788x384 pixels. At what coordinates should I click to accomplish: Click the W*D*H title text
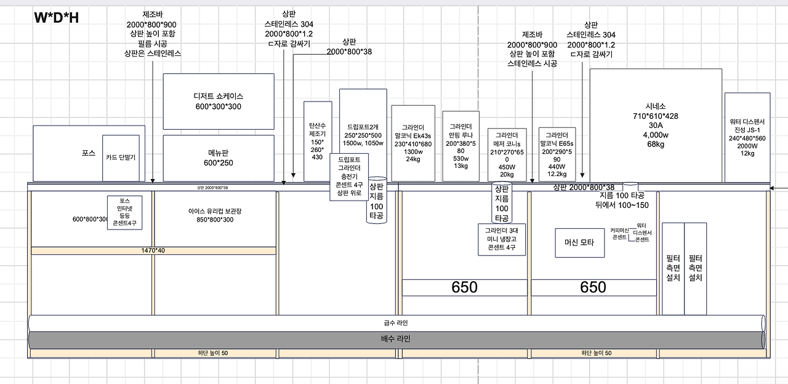[x=56, y=18]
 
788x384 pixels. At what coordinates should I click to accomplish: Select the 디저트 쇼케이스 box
[x=218, y=102]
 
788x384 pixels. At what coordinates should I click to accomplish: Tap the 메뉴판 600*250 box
[x=218, y=158]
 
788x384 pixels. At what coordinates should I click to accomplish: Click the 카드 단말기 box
[x=121, y=158]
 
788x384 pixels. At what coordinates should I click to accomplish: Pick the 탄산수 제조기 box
[x=318, y=142]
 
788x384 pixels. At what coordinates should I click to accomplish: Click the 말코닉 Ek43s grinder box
[x=412, y=143]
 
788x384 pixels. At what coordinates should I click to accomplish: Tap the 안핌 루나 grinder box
[x=460, y=146]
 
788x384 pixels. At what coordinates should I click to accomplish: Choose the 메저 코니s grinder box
[x=507, y=154]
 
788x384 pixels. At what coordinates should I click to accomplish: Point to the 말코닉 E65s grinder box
[x=557, y=154]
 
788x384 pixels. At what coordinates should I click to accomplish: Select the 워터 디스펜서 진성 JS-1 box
[x=747, y=137]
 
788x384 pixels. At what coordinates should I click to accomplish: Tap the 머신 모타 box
[x=579, y=242]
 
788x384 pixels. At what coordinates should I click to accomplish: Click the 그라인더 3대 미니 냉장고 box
[x=502, y=239]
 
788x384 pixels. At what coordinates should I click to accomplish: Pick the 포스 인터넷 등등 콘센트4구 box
[x=125, y=212]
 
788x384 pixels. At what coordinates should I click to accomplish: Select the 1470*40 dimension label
[x=153, y=250]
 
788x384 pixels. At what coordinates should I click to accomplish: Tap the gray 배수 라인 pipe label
[x=395, y=339]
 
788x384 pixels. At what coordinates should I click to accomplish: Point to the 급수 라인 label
[x=395, y=323]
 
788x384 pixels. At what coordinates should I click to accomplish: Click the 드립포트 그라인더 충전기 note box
[x=349, y=175]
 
